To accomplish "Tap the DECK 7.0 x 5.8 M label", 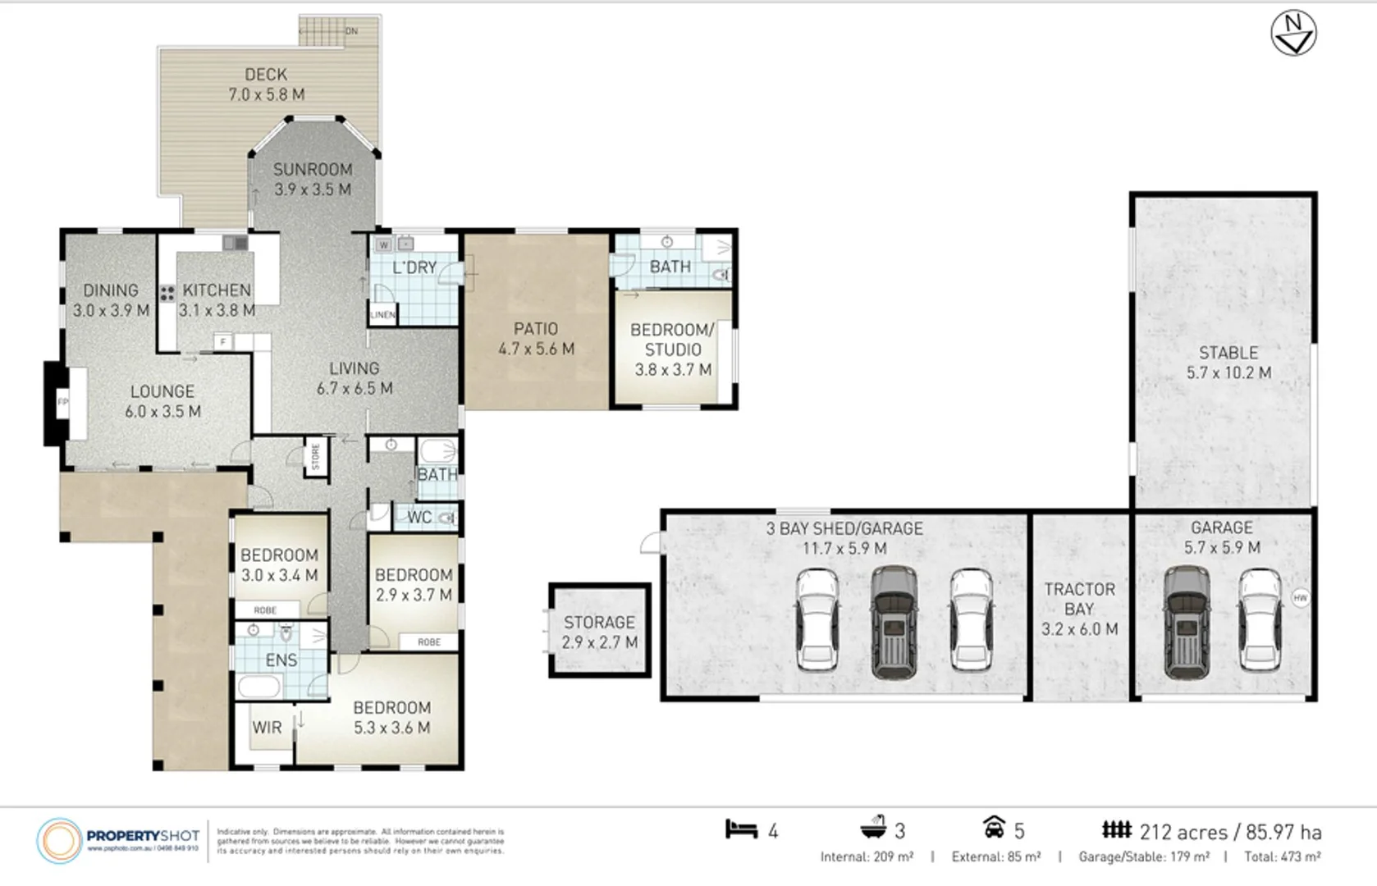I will tap(266, 84).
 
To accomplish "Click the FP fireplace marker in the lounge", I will tap(62, 402).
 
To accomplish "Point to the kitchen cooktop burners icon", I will tap(167, 293).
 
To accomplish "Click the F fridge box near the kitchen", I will tap(222, 341).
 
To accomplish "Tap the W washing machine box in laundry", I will tap(383, 244).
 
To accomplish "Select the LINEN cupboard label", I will tap(382, 314).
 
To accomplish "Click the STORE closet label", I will tap(316, 458).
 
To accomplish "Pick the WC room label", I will tap(419, 518).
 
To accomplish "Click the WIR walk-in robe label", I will tap(267, 727).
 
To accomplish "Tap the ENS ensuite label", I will tap(281, 660).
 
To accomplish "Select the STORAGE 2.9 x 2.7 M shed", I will tap(599, 632).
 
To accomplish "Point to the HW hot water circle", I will tap(1301, 598).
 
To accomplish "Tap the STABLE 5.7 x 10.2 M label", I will tap(1228, 362).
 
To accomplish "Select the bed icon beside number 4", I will tap(741, 829).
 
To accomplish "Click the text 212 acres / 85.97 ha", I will tap(1230, 832).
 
